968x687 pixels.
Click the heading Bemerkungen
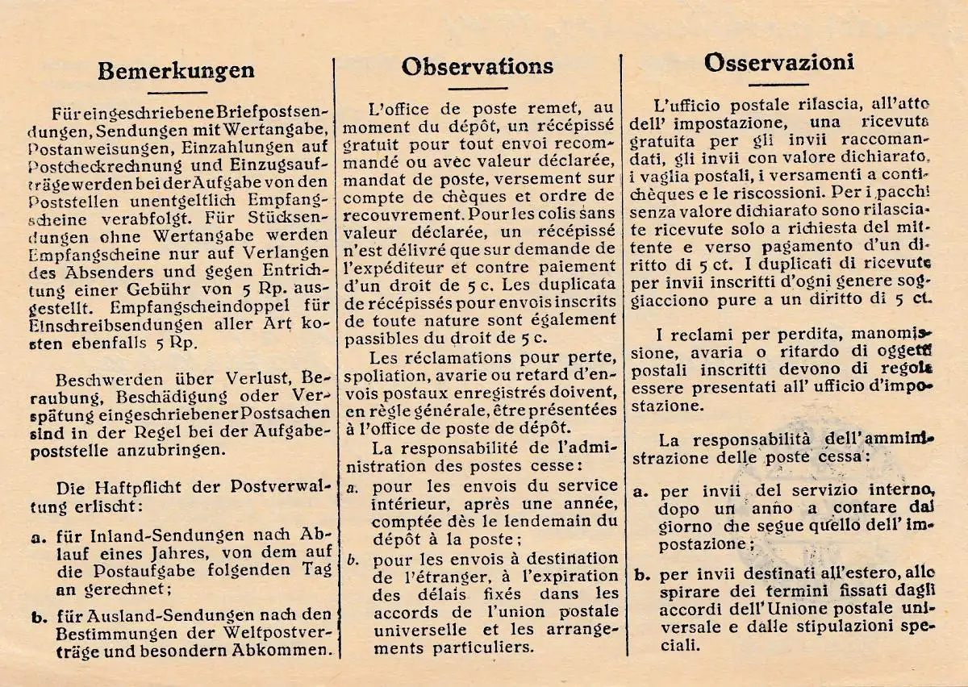[x=175, y=70]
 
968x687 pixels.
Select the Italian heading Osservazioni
[x=778, y=62]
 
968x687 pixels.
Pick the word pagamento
[x=792, y=246]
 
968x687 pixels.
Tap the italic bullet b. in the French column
[x=353, y=559]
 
